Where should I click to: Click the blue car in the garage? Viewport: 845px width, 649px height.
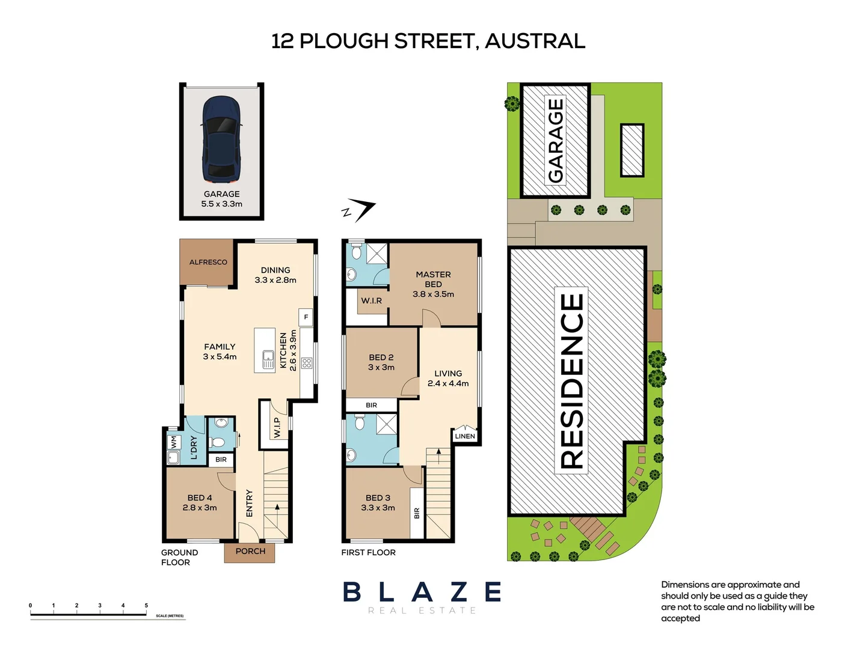(221, 139)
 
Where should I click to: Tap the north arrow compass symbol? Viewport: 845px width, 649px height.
(359, 210)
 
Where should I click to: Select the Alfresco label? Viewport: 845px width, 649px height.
(208, 262)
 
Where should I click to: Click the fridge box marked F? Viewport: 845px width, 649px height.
(306, 317)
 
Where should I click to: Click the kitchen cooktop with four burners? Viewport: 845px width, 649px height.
(307, 363)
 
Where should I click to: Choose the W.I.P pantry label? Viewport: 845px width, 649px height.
(277, 427)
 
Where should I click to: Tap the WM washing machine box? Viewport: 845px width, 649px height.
(173, 442)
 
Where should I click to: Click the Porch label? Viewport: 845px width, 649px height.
(250, 551)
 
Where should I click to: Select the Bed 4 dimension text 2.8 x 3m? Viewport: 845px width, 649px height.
(200, 508)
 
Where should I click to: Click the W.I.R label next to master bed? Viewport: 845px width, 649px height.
(371, 300)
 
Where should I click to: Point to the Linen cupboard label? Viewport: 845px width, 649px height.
(465, 436)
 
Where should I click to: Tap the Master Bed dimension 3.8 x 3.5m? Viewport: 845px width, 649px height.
(433, 294)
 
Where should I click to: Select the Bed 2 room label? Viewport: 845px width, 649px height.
(381, 357)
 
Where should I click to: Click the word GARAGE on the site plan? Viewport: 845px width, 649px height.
(555, 140)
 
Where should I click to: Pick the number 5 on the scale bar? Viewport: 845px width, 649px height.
(146, 605)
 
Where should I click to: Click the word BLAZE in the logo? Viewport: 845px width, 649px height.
(422, 592)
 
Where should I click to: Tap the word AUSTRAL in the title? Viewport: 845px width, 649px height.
(535, 41)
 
